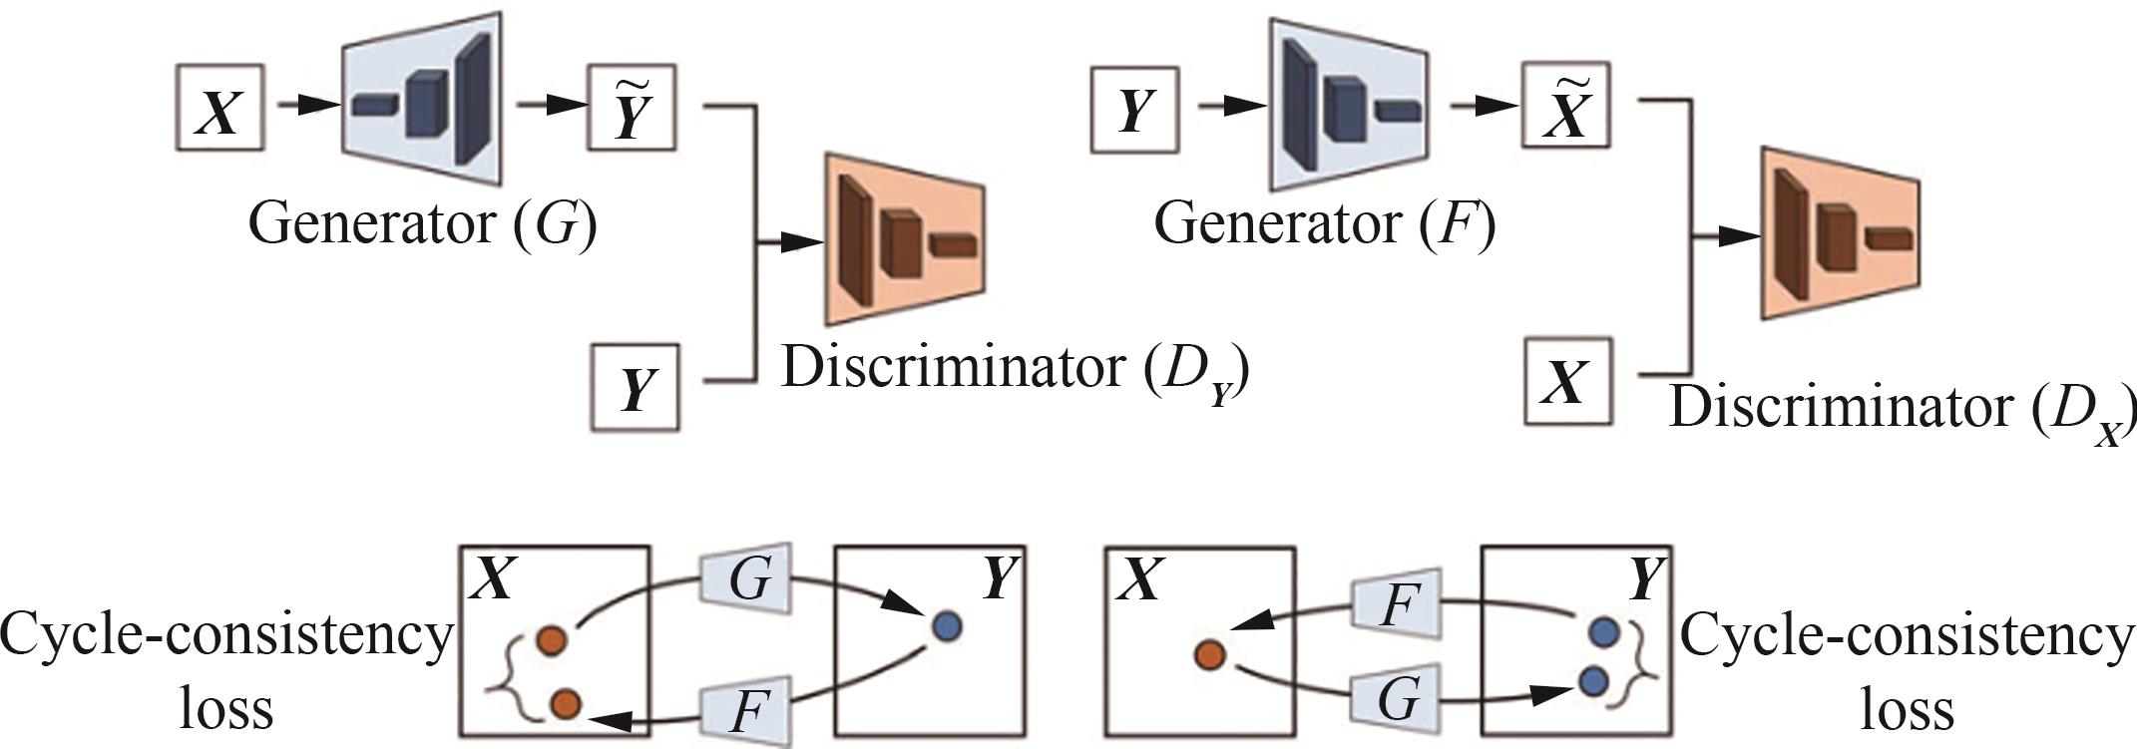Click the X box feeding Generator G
(x=219, y=108)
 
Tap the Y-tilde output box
(x=632, y=108)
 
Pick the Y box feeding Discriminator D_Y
(x=636, y=387)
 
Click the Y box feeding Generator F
(x=1134, y=110)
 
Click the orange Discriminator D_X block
(x=1839, y=233)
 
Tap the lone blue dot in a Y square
(x=947, y=626)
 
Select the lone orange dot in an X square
(x=1210, y=654)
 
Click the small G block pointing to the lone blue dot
(x=746, y=580)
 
